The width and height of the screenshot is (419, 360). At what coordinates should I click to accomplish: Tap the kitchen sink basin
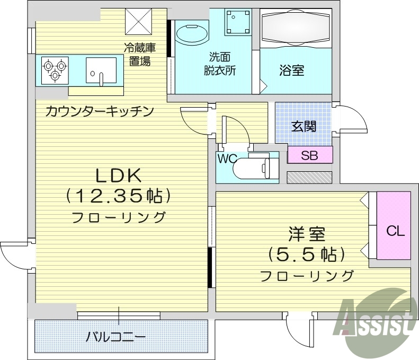101,71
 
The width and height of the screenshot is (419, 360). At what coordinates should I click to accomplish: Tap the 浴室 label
291,71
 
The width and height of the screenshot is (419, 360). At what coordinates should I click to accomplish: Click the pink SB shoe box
309,155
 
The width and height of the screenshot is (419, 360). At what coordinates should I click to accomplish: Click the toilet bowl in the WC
254,168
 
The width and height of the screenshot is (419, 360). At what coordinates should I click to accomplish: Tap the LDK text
117,175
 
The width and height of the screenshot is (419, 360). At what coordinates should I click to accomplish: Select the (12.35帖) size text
118,196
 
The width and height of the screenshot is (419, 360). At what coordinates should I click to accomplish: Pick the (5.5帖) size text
306,255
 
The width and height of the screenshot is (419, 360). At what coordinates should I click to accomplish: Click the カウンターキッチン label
99,111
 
